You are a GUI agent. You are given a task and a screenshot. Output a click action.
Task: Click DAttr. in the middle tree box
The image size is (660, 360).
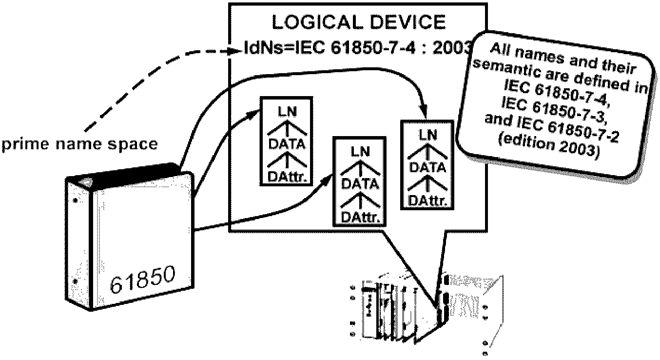[x=358, y=216]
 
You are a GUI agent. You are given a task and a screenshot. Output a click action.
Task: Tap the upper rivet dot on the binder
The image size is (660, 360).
[x=75, y=200]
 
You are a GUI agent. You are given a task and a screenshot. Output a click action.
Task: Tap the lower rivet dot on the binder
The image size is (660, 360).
[x=75, y=282]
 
